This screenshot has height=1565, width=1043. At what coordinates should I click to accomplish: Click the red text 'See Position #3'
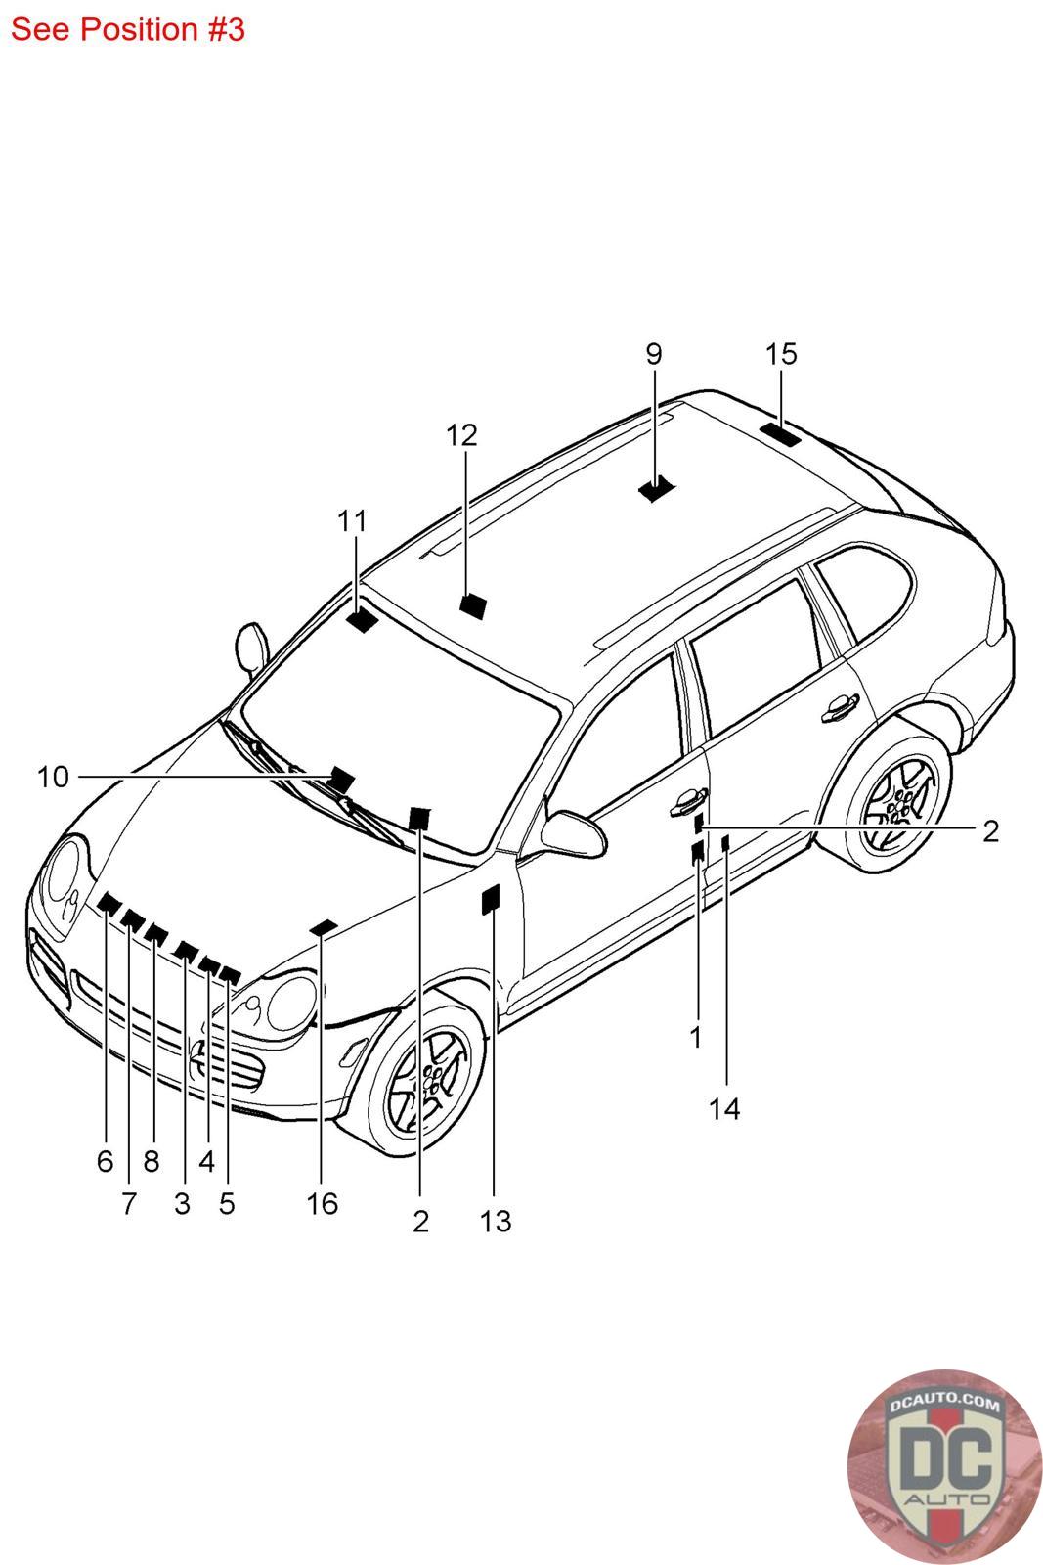pos(128,29)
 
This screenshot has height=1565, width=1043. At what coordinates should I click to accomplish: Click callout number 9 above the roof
pos(653,355)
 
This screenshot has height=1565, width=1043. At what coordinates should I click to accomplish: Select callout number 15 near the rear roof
pos(781,354)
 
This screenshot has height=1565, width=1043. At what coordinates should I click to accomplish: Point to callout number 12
pos(461,435)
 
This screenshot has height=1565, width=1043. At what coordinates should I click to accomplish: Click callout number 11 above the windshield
pos(353,520)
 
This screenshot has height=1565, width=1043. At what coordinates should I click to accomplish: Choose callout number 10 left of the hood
pos(53,777)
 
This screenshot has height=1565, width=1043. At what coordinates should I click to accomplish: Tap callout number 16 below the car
pos(322,1204)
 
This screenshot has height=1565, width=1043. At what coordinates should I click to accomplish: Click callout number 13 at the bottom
pos(496,1222)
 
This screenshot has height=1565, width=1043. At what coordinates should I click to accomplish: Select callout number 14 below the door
pos(724,1109)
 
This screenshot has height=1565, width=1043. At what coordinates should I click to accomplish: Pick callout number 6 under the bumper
pos(105,1161)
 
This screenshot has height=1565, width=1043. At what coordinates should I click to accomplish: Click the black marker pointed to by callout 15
pos(780,434)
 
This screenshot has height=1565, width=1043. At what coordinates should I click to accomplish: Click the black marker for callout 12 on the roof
pos(473,605)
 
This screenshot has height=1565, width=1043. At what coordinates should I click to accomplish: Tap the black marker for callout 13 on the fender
pos(491,899)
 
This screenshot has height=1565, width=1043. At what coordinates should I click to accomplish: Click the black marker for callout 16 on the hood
pos(324,928)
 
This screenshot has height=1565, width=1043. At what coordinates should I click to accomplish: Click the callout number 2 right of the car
pos(990,831)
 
